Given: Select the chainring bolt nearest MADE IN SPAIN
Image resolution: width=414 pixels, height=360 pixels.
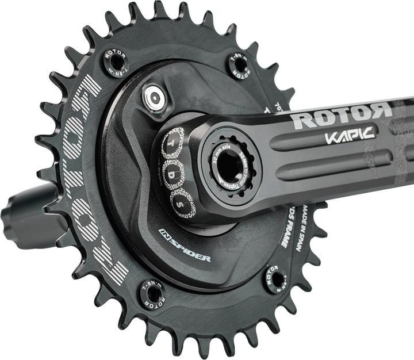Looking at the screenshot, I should (277, 279).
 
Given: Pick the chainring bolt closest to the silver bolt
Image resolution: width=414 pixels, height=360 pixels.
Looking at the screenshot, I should (116, 62).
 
